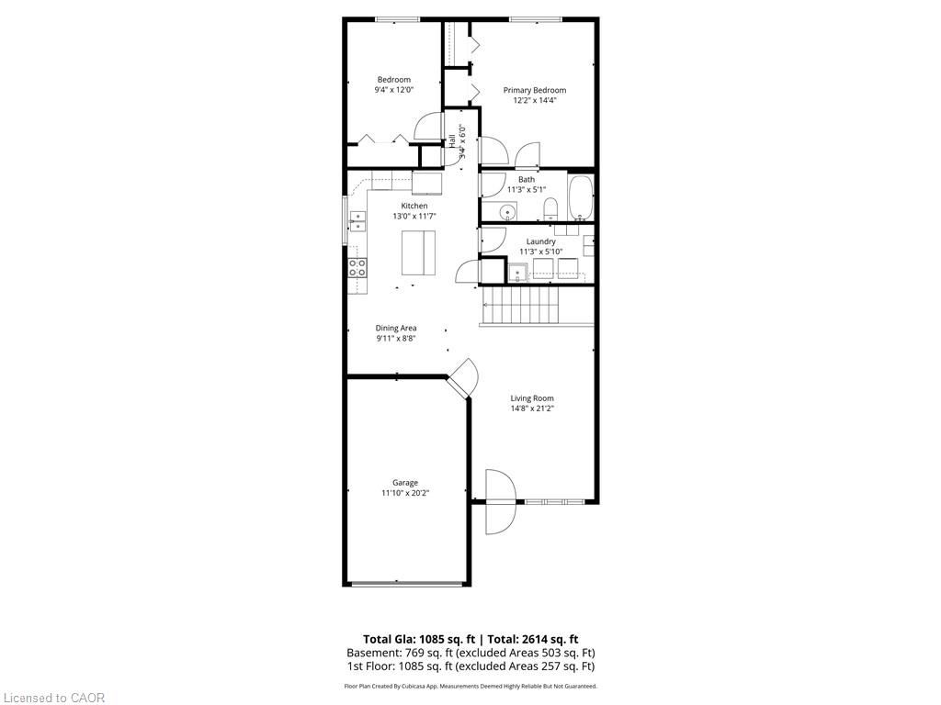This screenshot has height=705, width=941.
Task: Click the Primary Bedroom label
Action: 534,90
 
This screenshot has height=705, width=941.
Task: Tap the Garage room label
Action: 405,483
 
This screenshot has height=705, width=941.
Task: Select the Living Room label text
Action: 532,398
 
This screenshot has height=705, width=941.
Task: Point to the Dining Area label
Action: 396,328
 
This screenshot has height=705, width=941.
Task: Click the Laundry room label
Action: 540,241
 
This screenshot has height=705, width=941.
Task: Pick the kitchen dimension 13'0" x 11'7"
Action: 414,217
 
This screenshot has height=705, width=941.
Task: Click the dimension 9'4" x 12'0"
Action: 393,90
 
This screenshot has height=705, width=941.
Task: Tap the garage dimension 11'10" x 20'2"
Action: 405,493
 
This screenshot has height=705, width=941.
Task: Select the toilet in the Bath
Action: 550,208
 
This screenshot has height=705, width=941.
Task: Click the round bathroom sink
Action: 507,212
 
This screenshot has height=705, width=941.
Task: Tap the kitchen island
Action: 418,252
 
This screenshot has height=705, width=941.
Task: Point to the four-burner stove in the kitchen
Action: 357,267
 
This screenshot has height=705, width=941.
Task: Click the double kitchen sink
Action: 357,220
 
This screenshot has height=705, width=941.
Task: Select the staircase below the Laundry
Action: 521,305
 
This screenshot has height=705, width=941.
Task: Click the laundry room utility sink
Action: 517,272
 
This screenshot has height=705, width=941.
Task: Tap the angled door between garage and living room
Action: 464,377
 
